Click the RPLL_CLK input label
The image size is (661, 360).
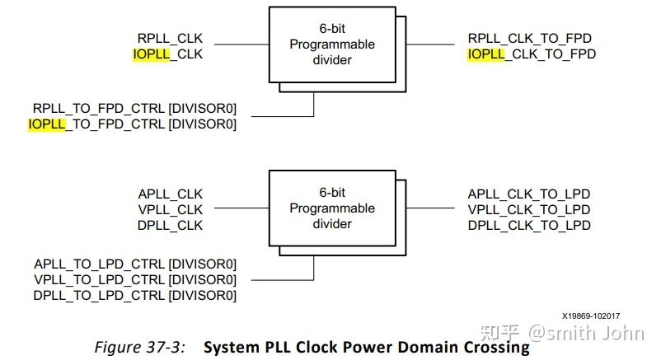tap(170, 39)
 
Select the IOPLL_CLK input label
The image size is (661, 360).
tap(167, 54)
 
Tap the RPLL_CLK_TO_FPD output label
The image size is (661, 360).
tap(530, 39)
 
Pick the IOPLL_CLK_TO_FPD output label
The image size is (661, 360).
tap(532, 54)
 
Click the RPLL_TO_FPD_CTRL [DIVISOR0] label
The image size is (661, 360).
tap(134, 109)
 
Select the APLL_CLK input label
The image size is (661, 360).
tap(170, 194)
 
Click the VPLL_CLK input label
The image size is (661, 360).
tap(170, 210)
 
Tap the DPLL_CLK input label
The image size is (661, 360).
tap(170, 226)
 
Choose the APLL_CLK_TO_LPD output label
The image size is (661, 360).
tap(529, 194)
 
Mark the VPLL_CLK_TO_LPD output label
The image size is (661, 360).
tap(529, 210)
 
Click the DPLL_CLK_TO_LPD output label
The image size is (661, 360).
tap(529, 226)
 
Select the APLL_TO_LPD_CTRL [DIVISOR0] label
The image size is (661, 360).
tap(135, 264)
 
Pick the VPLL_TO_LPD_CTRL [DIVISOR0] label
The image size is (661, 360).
tap(135, 280)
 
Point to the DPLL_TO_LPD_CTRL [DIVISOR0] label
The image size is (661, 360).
tap(135, 296)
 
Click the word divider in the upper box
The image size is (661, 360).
tap(332, 59)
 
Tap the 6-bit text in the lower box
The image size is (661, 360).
tap(332, 192)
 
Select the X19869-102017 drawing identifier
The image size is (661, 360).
tap(591, 316)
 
